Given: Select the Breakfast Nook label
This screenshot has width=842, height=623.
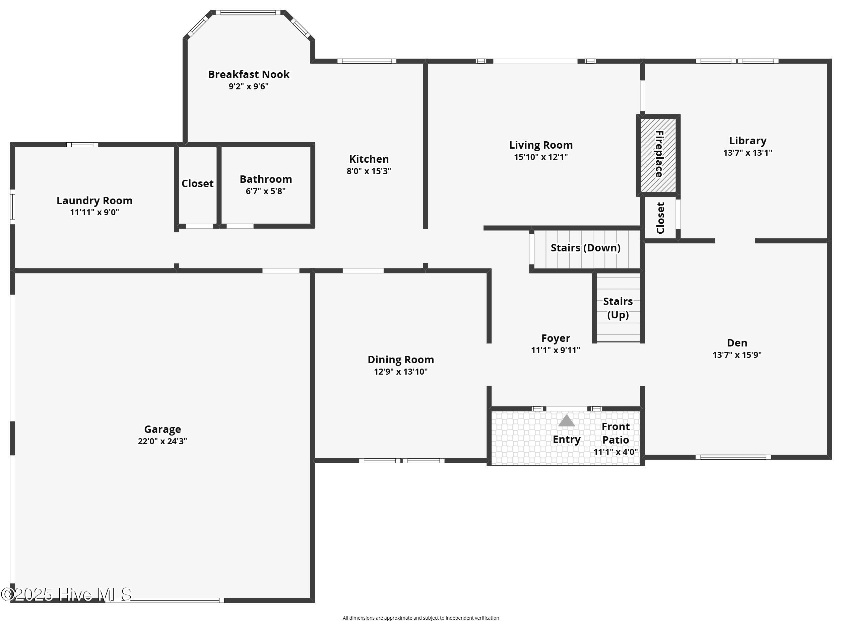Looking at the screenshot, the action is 249,74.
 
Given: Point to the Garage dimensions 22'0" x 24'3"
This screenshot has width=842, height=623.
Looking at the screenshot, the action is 162,441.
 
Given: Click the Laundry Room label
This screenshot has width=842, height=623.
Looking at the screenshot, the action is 94,200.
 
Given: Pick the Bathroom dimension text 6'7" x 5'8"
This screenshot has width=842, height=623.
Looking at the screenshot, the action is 266,191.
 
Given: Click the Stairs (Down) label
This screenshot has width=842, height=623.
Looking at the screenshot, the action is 585,248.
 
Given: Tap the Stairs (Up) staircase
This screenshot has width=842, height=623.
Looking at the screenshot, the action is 618,307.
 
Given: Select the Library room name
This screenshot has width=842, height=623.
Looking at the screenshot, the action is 748,141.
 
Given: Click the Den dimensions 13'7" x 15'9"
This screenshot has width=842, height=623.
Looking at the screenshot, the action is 737,355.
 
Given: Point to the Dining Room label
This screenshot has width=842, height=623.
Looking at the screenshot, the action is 401,360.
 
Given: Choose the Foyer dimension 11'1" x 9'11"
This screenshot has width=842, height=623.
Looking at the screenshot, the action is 556,351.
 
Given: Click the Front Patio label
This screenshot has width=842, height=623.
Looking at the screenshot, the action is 616,433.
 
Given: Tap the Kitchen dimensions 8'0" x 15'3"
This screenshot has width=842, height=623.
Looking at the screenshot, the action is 369,171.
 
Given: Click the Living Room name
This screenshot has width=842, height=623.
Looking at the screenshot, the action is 541,145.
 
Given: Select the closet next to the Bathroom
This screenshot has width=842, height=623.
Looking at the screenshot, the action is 197,185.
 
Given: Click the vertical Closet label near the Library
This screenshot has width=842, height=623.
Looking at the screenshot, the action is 660,218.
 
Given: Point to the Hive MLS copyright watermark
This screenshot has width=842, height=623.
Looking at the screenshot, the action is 66,595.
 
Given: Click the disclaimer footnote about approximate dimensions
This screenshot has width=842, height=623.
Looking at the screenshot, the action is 421,618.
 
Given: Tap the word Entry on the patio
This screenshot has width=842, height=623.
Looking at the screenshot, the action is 567,440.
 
